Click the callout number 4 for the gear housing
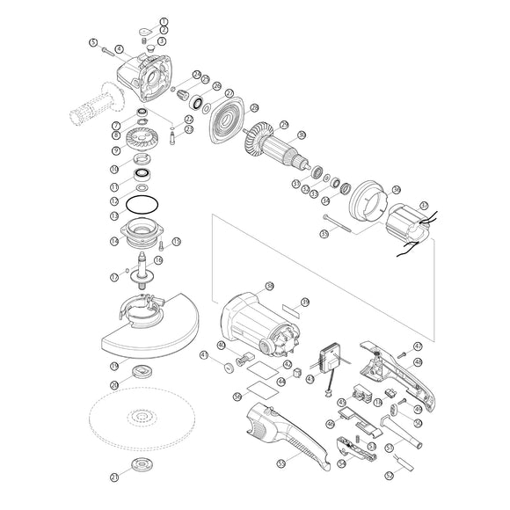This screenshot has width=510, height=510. tap(119, 48)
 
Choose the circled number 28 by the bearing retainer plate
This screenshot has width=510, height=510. tap(254, 108)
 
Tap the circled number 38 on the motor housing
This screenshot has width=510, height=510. tap(269, 286)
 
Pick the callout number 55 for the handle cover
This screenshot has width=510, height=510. tap(280, 463)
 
